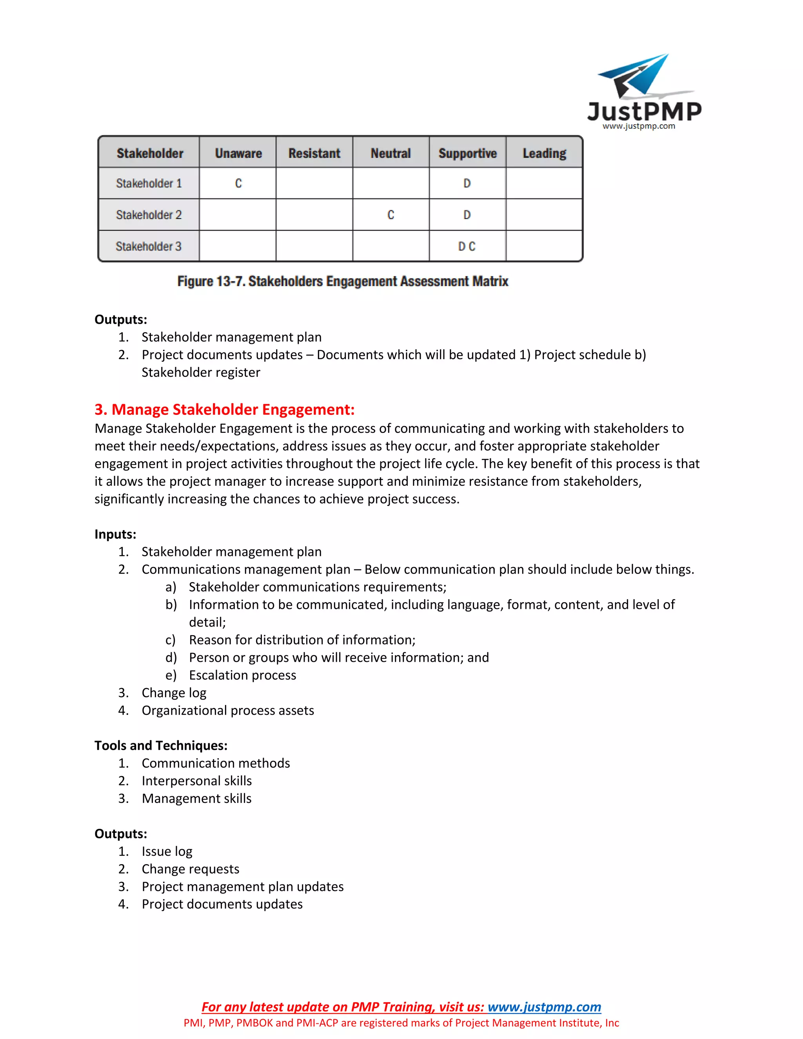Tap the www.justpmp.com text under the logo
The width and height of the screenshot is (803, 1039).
coord(639,126)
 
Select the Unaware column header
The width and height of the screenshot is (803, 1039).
coord(238,153)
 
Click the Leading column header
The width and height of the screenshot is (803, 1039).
coord(544,153)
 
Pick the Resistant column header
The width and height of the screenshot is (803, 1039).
coord(314,153)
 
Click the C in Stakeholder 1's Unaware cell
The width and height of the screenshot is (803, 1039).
coord(238,183)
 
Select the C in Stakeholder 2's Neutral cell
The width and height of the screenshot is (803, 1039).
coord(391,215)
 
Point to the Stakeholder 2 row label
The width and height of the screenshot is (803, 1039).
coord(149,215)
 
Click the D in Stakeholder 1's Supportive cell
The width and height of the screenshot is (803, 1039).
coord(467,183)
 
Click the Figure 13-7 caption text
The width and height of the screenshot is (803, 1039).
coord(343,281)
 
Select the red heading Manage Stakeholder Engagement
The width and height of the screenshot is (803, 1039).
coord(225,410)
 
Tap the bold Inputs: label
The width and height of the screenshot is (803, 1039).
coord(115,534)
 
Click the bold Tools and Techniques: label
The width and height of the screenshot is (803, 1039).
coord(161,745)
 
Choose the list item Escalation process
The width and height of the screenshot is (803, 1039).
coord(242,675)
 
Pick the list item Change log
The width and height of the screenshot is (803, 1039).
coord(174,693)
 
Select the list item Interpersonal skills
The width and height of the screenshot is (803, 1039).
coord(196,781)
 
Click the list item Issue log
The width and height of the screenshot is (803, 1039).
coord(167,851)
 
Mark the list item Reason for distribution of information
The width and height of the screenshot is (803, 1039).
coord(302,640)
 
